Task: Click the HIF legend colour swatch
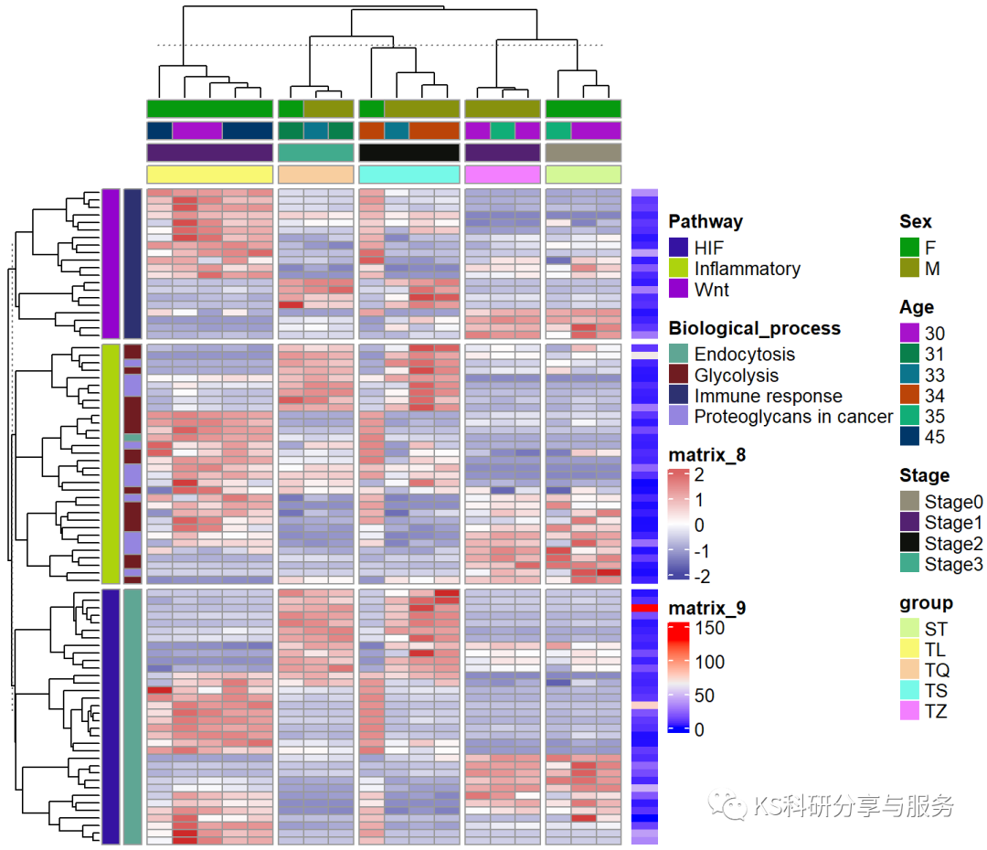pos(678,248)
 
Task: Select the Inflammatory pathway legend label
pos(747,269)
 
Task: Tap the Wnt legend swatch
pos(678,290)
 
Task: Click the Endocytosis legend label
pos(744,355)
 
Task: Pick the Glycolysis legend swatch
pos(678,376)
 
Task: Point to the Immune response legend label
pos(768,397)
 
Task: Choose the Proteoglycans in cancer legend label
pos(793,417)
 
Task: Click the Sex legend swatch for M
pos(909,269)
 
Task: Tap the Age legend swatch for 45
pos(909,437)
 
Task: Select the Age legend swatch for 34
pos(909,396)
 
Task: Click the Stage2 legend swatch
pos(909,544)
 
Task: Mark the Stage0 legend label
pos(953,502)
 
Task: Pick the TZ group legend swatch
pos(909,711)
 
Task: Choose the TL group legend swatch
pos(909,649)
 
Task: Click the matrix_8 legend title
pos(706,455)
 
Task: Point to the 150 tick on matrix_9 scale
pos(710,628)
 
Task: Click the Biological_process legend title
pos(754,328)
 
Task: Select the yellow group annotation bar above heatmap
pos(209,174)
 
